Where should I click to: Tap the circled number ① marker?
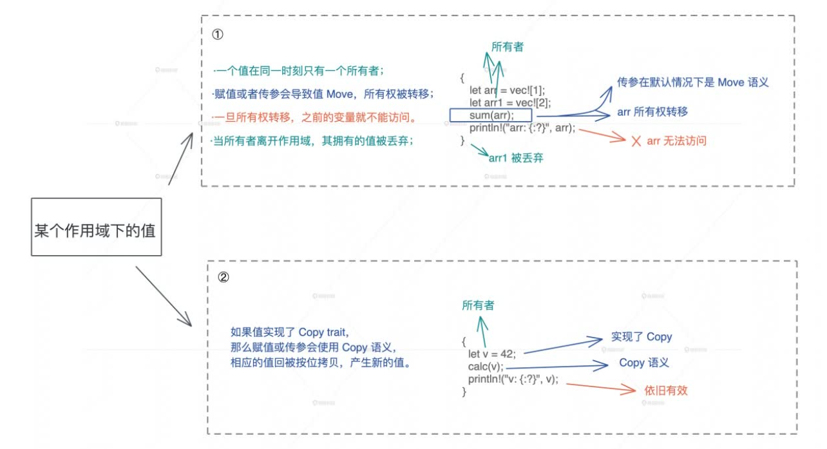pos(218,33)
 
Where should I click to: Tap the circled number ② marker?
pos(223,278)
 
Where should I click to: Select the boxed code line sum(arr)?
pos(491,115)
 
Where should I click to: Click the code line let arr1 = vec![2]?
pos(510,102)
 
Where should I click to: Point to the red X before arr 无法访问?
pos(636,141)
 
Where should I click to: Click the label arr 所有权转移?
pos(652,112)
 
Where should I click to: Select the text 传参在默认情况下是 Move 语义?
pos(692,82)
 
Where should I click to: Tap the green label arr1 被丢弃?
pos(515,158)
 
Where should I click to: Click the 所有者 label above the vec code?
pos(508,47)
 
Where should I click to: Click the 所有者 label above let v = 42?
pos(478,305)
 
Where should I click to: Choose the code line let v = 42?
pos(492,353)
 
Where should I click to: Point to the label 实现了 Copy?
pos(641,337)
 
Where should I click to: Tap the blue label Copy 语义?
pos(643,363)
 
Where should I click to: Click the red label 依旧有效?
pos(665,390)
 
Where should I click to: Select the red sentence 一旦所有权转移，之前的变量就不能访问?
pos(315,119)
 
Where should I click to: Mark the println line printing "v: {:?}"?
pos(513,379)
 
